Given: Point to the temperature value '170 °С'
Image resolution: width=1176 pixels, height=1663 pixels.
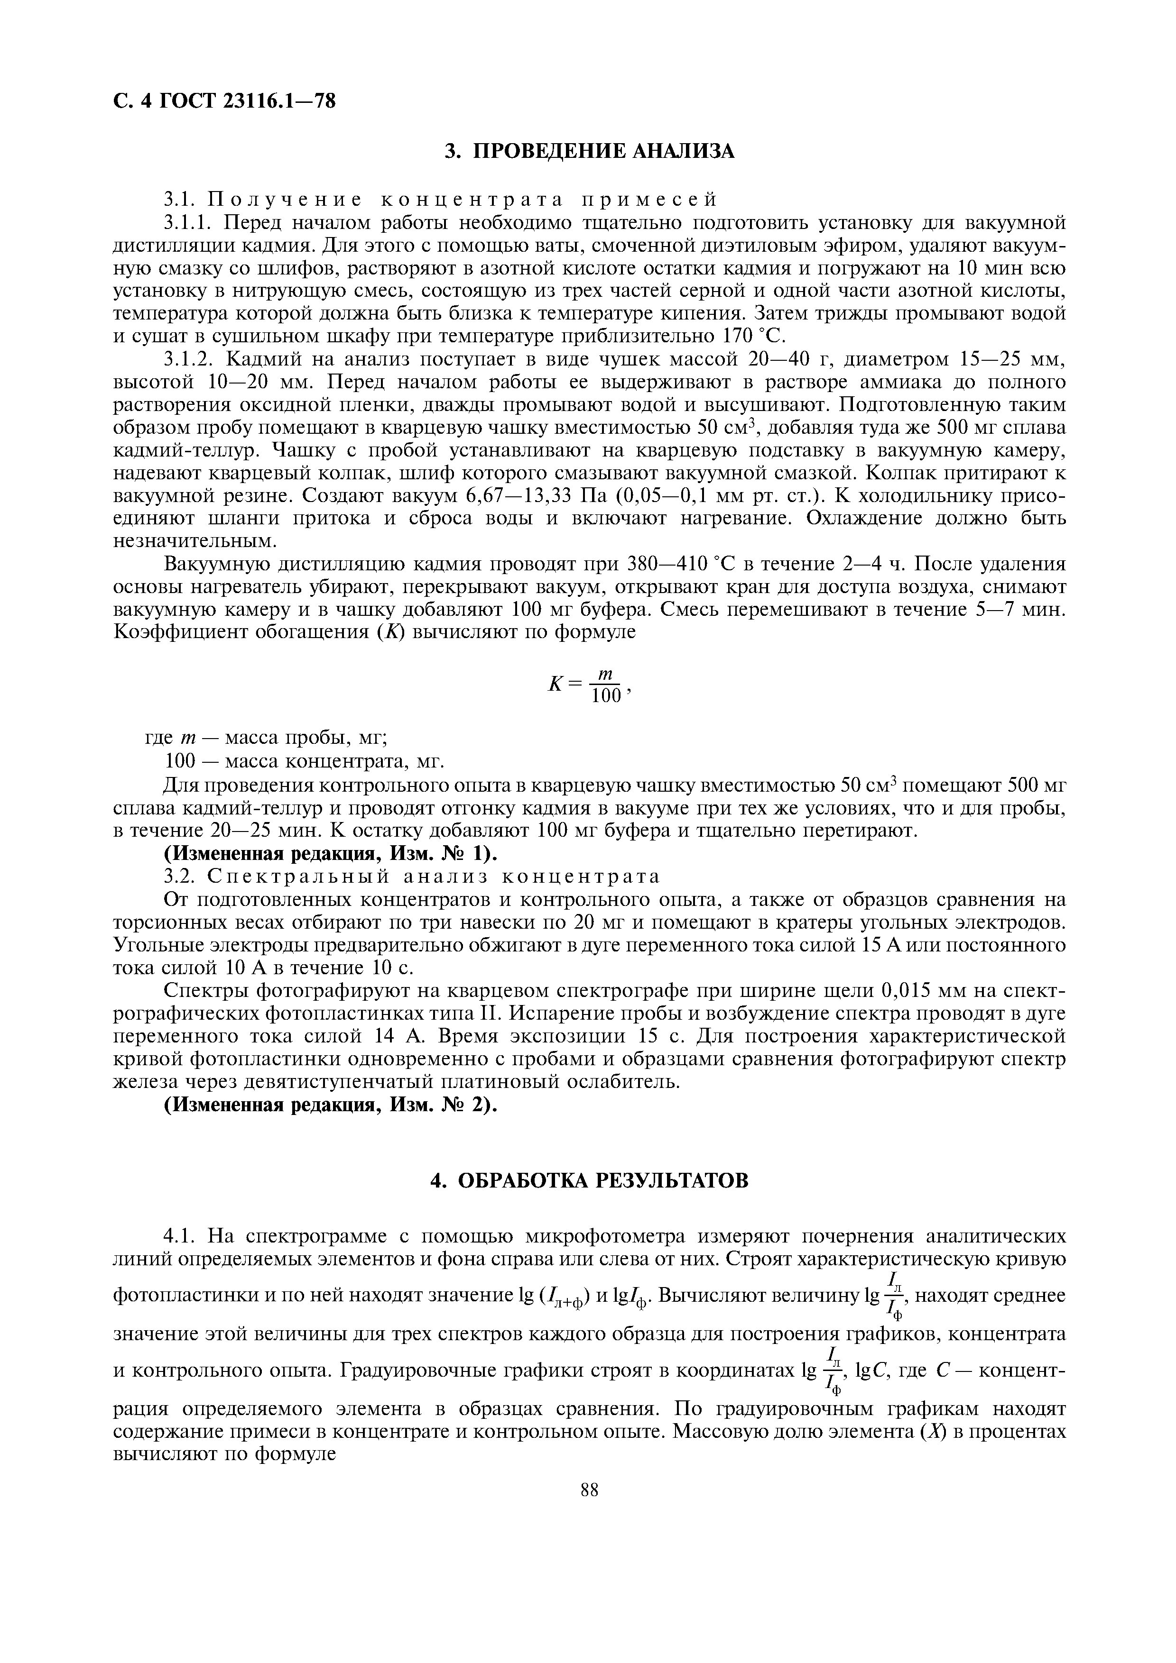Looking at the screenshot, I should click(x=754, y=337).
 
